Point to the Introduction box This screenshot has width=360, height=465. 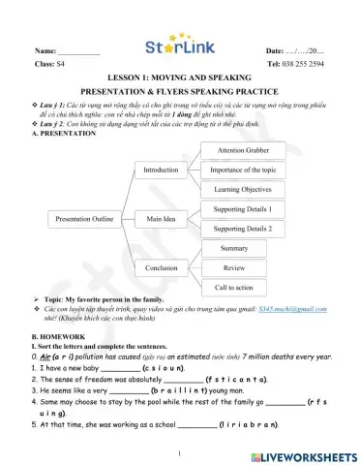pos(161,170)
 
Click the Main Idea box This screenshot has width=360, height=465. pos(161,219)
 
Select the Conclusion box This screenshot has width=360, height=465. pos(161,267)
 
